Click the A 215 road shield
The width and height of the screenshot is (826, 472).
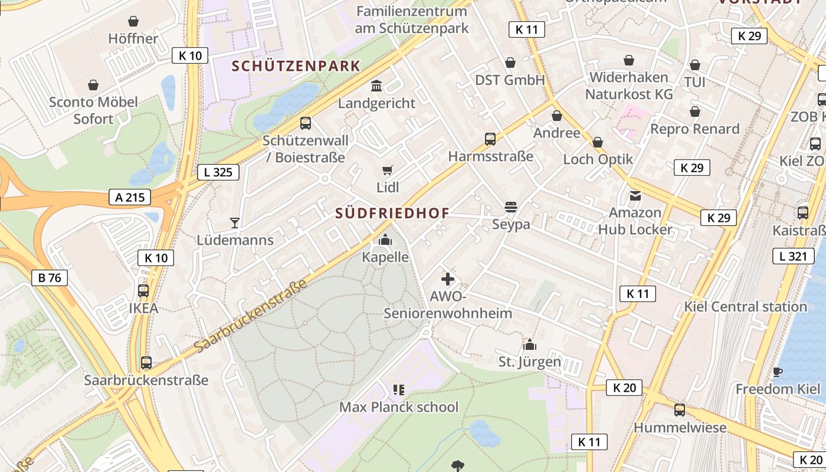point(130,197)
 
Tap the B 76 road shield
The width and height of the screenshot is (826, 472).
point(50,278)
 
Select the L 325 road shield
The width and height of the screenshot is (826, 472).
point(218,172)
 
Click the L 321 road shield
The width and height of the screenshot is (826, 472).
point(790,256)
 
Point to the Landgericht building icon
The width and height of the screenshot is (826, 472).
point(376,87)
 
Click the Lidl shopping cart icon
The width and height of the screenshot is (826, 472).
point(388,171)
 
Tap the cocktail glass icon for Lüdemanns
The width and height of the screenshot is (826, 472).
point(235,223)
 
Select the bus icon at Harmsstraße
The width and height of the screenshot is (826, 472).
point(490,139)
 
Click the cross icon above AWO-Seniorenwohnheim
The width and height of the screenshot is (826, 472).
point(448,279)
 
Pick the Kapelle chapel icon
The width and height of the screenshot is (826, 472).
point(385,240)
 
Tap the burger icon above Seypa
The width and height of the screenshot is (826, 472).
point(511,207)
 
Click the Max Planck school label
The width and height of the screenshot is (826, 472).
point(398,407)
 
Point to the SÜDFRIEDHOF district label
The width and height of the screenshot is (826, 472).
point(392,213)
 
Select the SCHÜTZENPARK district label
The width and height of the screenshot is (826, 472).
point(296,66)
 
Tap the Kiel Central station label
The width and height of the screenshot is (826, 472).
point(745,307)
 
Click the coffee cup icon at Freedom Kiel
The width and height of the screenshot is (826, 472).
point(778,372)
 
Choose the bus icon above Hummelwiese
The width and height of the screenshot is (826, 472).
point(680,409)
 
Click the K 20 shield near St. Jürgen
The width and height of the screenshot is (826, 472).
point(624,388)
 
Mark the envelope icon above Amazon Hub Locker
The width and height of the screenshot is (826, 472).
point(635,195)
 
